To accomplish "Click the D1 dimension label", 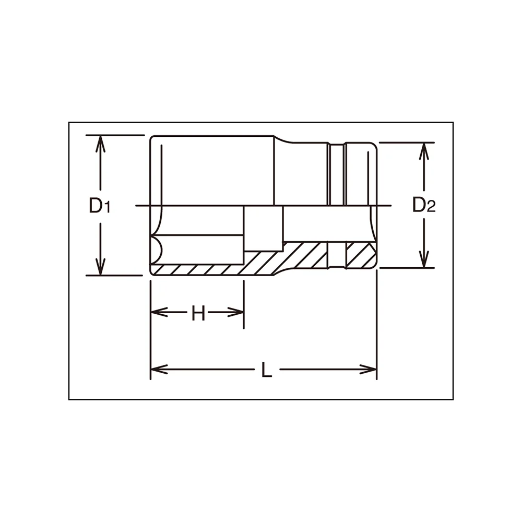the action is click(x=99, y=205).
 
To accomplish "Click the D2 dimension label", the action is click(x=424, y=205).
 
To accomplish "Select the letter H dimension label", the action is click(x=198, y=313).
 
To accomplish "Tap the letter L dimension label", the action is click(x=266, y=370).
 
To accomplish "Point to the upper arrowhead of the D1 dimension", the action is click(x=100, y=144).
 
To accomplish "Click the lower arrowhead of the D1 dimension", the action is click(x=100, y=267).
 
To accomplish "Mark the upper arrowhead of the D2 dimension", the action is click(x=423, y=151).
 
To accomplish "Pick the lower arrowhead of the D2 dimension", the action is click(x=423, y=259).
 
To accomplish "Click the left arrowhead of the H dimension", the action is click(x=159, y=312).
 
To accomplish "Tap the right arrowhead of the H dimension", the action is click(x=235, y=312).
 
